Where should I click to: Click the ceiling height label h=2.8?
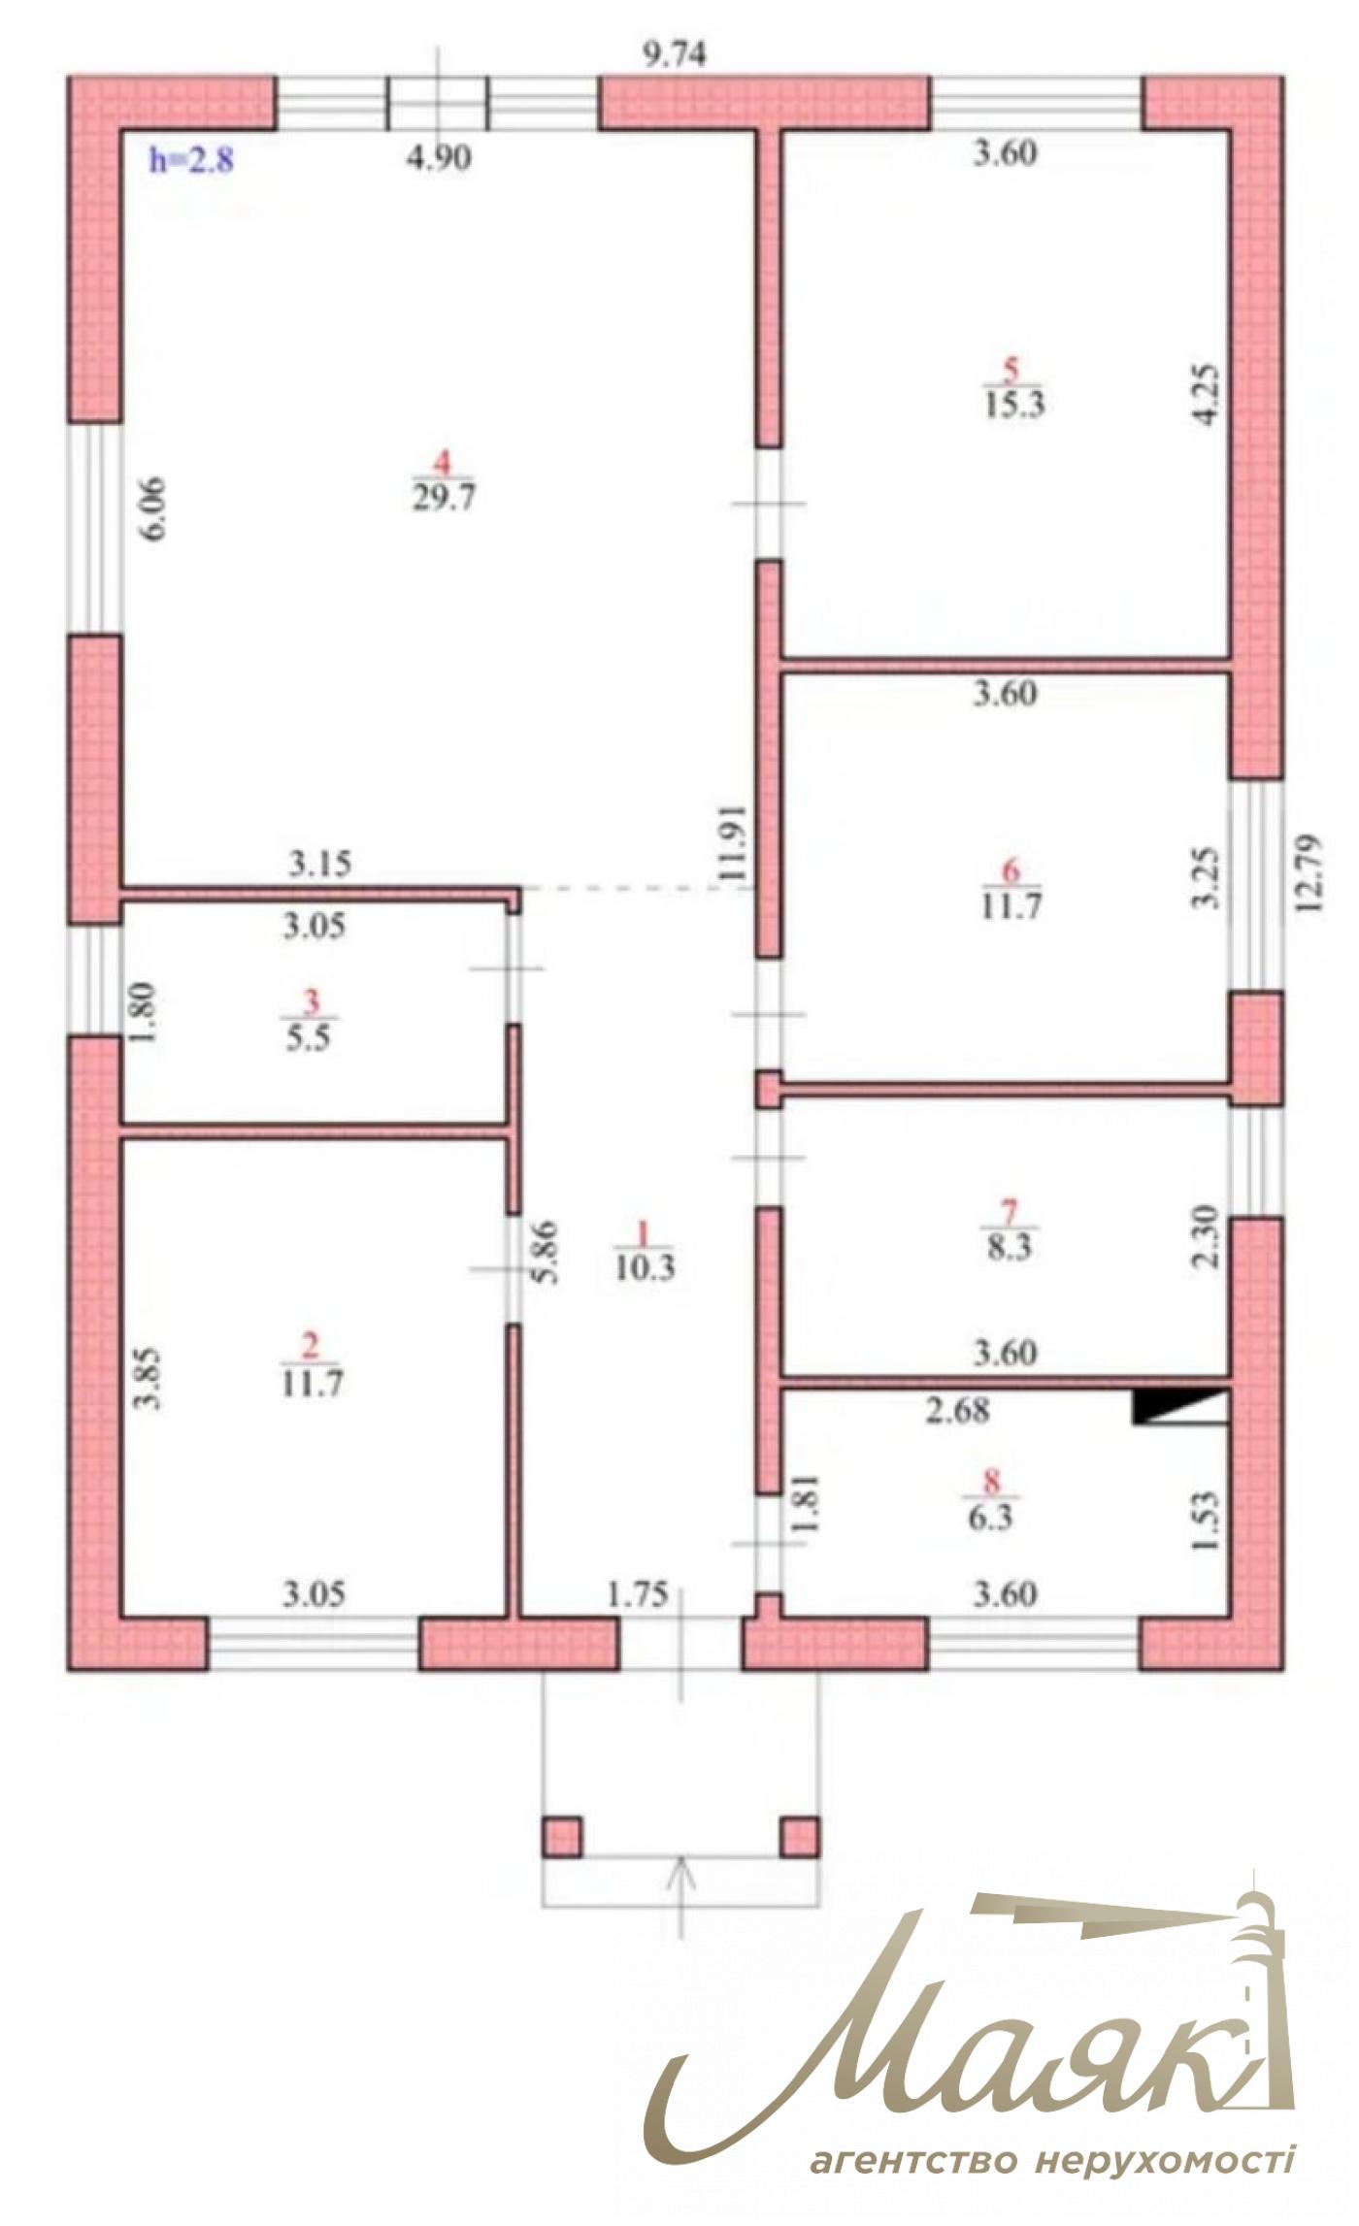(191, 159)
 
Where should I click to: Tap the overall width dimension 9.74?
(676, 55)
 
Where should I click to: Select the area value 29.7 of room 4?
(444, 498)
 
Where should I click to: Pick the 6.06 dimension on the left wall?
(154, 508)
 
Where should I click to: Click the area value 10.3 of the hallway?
(645, 1267)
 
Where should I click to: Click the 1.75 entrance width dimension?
(638, 1594)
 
